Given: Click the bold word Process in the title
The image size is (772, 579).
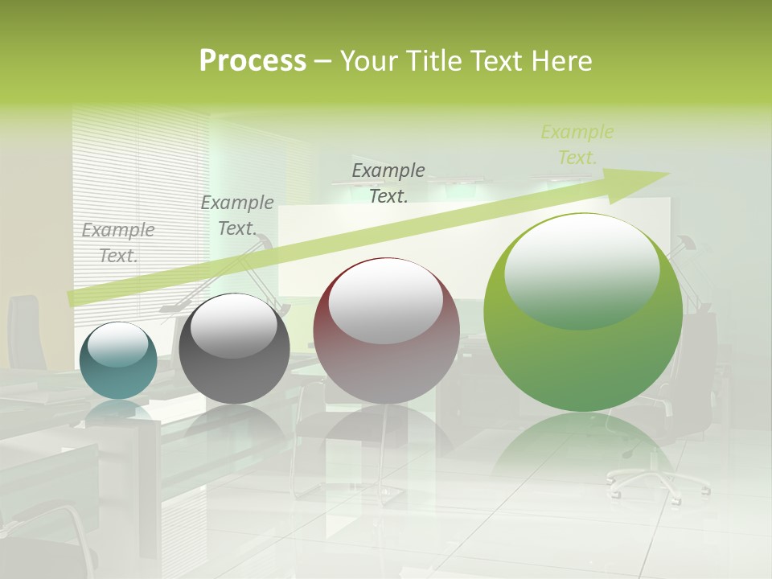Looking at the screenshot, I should coord(253,60).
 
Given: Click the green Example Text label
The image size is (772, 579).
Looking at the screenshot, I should coord(577,145).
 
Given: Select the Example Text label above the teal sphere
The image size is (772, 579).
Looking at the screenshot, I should coord(118,243).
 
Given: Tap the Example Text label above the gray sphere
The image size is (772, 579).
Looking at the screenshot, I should coord(237,216).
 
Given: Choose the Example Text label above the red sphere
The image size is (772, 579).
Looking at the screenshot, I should coord(388,183).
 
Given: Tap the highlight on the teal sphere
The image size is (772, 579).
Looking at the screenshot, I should coord(117,344).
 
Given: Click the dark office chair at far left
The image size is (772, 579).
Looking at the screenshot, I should coord(24,330).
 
